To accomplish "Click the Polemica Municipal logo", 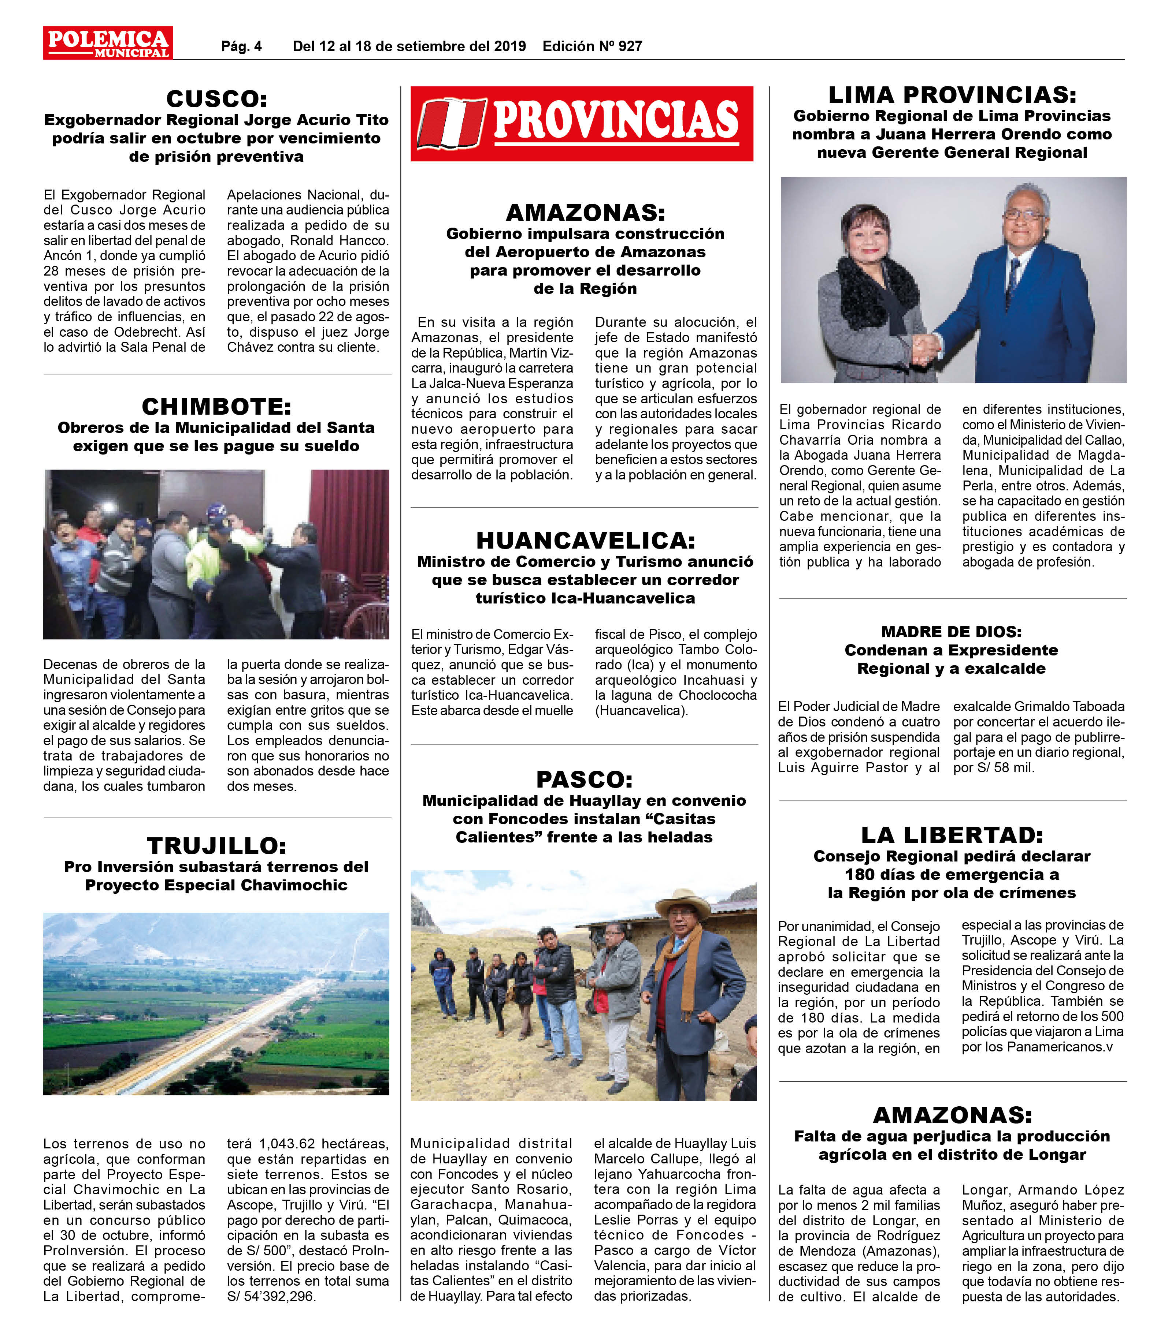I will [x=108, y=43].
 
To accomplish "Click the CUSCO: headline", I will [x=216, y=99].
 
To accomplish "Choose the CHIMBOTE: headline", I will [x=216, y=407].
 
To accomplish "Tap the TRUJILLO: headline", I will [x=216, y=846].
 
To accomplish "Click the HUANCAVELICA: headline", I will [x=585, y=540].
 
